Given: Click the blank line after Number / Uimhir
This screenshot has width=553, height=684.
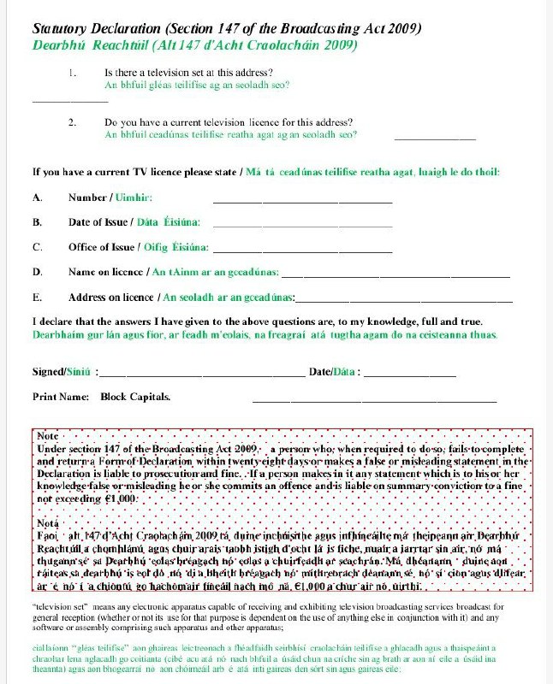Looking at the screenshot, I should coord(301,201).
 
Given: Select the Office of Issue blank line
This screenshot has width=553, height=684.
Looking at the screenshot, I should coord(301,251).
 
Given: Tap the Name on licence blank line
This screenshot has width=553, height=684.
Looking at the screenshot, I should coord(395,275).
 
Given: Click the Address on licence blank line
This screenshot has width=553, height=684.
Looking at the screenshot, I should coord(404,300).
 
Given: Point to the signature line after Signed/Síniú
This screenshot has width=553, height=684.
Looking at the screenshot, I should coord(202,375).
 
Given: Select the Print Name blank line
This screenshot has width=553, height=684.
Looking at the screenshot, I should coord(374,400).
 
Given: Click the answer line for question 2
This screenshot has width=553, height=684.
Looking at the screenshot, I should coord(434,138).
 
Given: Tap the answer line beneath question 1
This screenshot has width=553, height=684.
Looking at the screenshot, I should coord(69,102).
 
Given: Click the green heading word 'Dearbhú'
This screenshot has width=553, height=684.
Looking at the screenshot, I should coord(57,44).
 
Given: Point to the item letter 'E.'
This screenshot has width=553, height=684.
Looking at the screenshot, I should coord(38,298).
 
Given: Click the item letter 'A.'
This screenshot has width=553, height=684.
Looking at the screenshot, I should coord(38,198).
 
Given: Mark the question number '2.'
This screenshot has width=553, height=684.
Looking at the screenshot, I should coord(73,122).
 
